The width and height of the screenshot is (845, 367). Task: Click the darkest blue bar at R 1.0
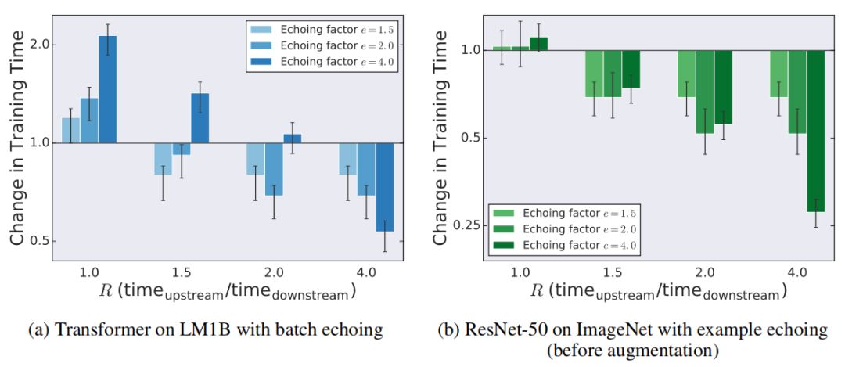[107, 89]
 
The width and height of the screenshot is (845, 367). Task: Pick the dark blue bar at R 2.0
[292, 139]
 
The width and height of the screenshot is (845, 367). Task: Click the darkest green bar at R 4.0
[815, 131]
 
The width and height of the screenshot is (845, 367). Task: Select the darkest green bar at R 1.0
[538, 44]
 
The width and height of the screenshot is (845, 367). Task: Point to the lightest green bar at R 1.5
[595, 74]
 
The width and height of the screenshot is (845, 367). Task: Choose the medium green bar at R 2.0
[705, 92]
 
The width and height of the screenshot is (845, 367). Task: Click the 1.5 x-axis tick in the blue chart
[181, 273]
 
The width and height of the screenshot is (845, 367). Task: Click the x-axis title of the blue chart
[227, 292]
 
